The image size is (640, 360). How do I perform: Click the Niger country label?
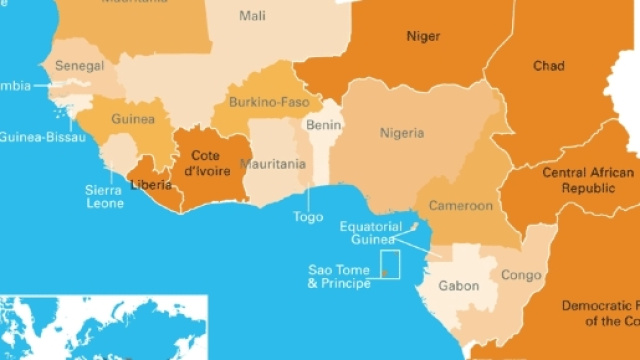click(x=423, y=37)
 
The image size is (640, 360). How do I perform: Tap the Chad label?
click(x=548, y=66)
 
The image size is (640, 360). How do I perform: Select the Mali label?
click(x=253, y=16)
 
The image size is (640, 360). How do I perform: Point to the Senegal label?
click(x=80, y=66)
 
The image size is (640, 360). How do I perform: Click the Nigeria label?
click(x=401, y=133)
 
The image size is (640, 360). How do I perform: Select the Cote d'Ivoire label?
click(x=206, y=162)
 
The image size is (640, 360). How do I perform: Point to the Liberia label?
click(x=151, y=185)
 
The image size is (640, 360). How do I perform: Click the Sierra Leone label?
click(x=104, y=196)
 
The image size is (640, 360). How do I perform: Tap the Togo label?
click(x=308, y=216)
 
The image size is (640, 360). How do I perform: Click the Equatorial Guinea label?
click(x=369, y=233)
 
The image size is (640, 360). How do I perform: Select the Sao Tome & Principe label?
click(x=338, y=277)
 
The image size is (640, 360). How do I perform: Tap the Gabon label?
click(x=459, y=286)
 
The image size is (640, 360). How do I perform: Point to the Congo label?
click(x=520, y=275)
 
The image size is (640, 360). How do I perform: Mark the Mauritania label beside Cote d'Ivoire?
click(x=273, y=164)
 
